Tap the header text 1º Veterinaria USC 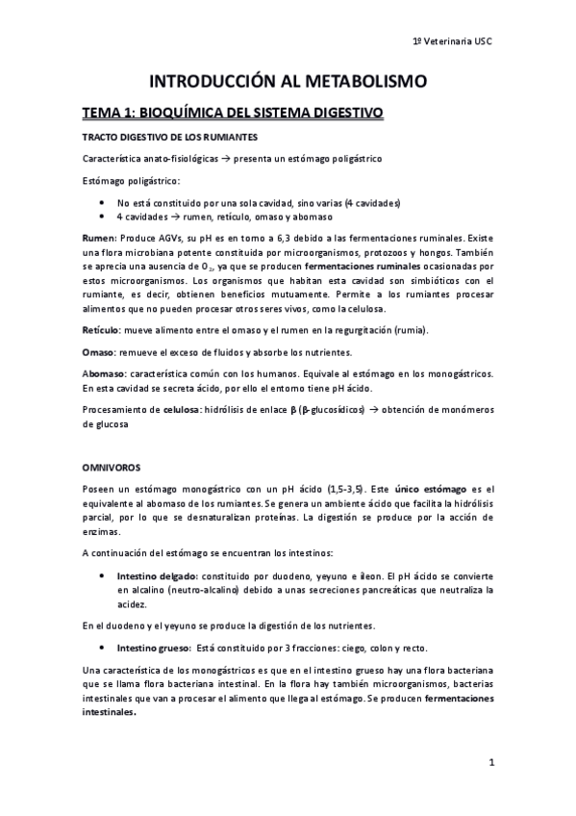click(451, 41)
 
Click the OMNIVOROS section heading click(112, 467)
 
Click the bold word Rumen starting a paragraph click(99, 236)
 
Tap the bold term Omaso click(99, 350)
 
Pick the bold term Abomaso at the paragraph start click(104, 371)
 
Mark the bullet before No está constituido click(102, 203)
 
